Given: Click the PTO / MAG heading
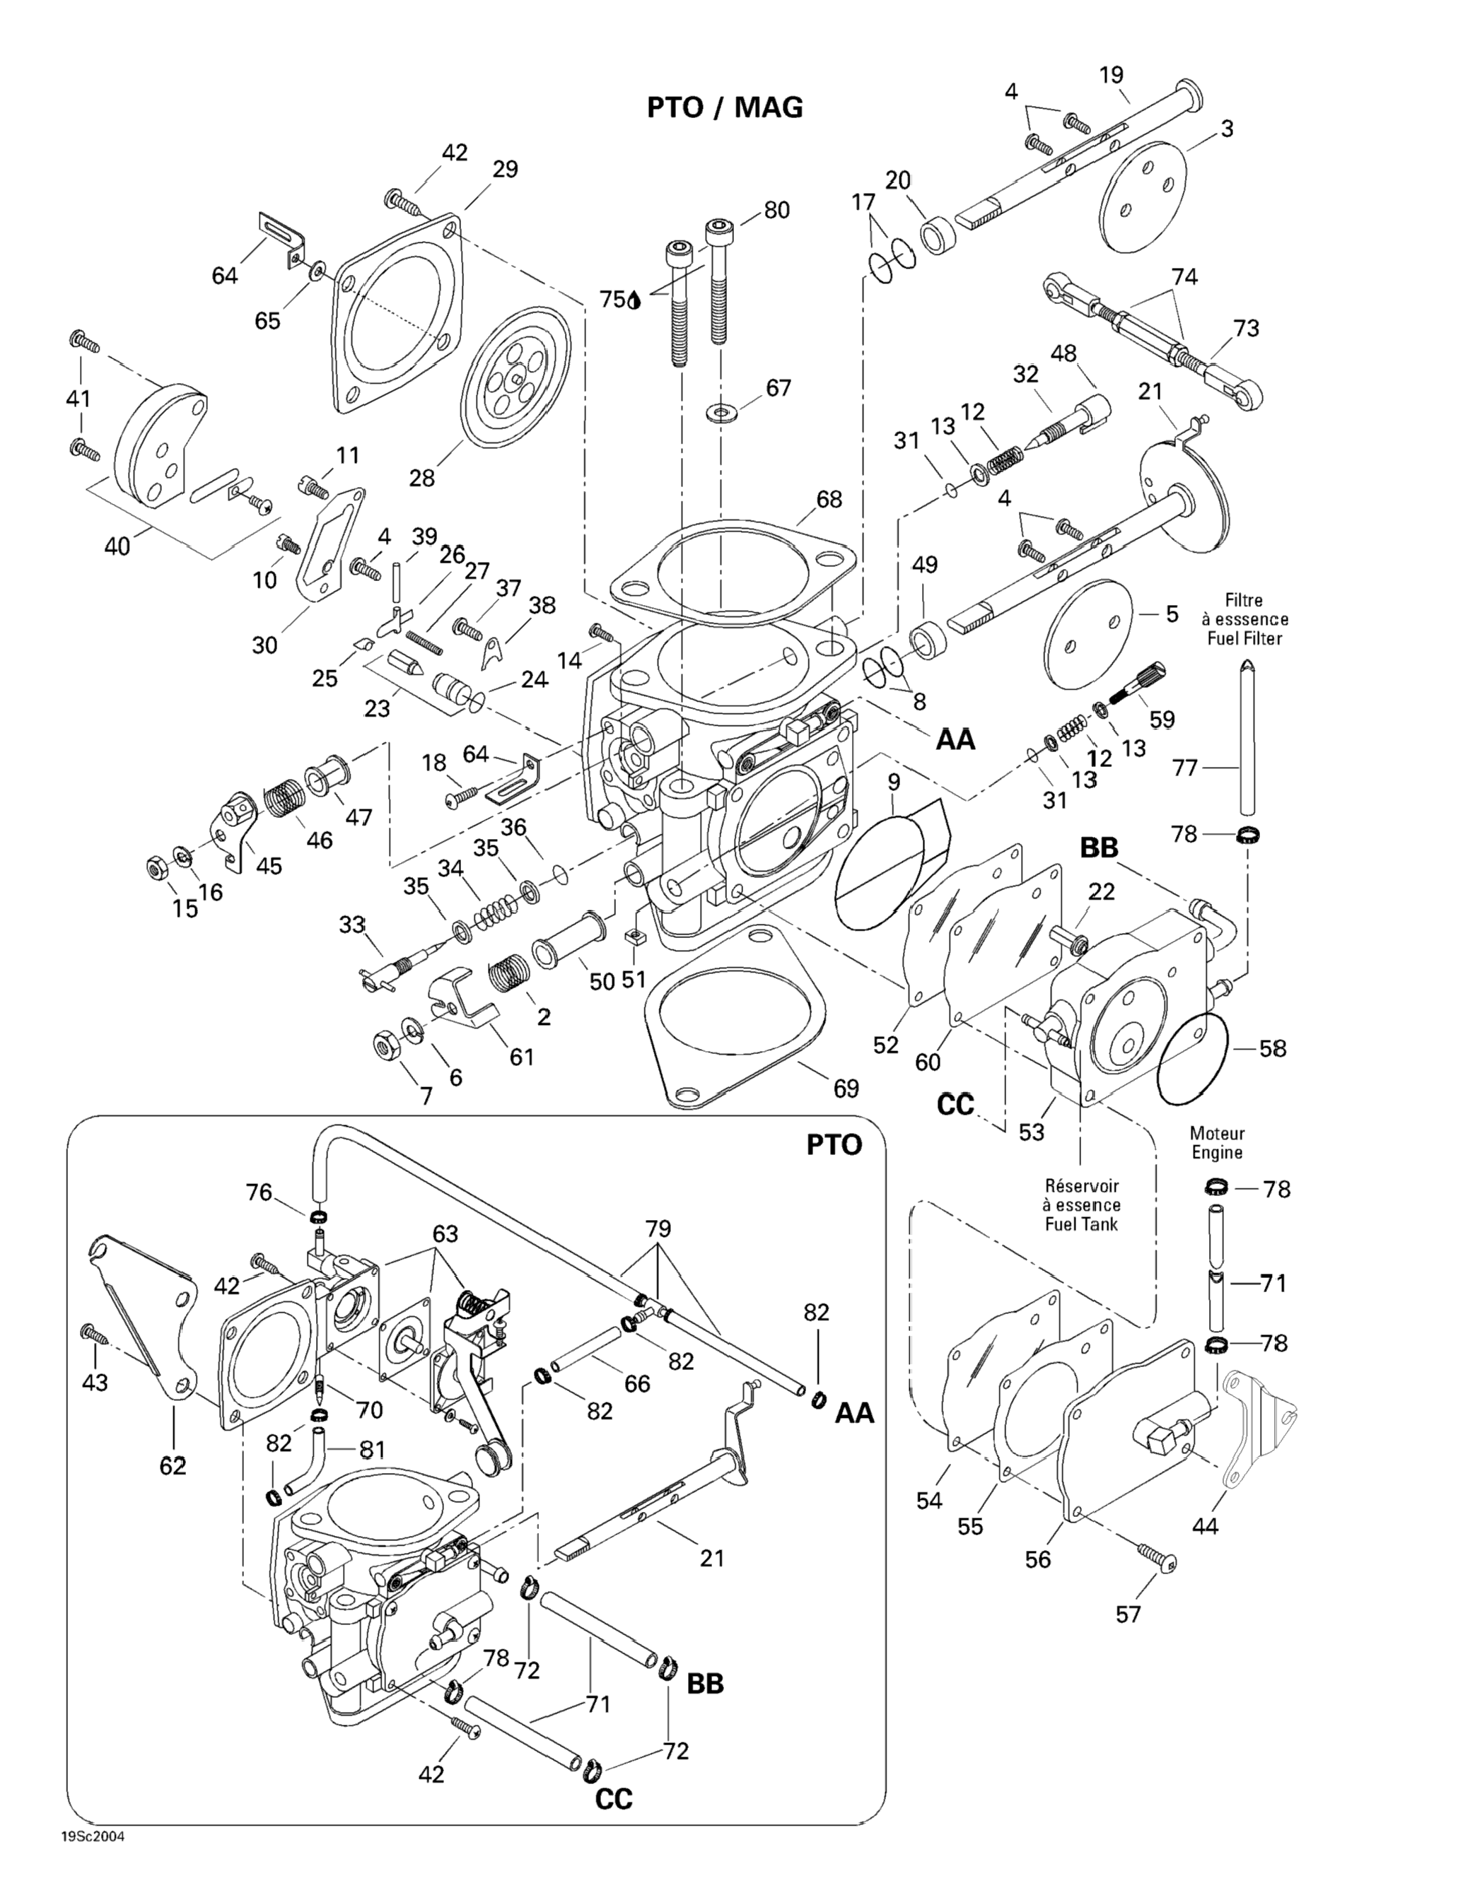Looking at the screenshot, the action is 725,107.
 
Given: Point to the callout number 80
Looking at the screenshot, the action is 776,210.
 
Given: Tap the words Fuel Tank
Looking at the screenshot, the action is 1081,1224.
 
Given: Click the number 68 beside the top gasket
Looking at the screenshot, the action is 829,499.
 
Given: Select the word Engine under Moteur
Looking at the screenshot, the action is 1217,1152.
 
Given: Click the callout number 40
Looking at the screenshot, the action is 117,546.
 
